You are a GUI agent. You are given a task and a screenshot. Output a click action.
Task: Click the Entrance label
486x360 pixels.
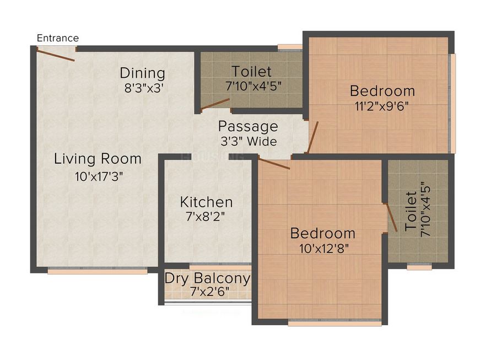[57, 38]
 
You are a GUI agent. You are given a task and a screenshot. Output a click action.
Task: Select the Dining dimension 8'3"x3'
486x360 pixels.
[143, 87]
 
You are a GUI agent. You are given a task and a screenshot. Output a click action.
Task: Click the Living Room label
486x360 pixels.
[98, 159]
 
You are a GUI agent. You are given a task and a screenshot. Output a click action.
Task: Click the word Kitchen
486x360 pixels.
[206, 202]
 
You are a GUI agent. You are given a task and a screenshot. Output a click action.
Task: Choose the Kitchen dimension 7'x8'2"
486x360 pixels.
[206, 217]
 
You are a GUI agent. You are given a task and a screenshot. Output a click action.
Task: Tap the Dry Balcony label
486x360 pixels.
[207, 278]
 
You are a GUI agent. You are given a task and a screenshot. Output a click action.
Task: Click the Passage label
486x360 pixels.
[248, 126]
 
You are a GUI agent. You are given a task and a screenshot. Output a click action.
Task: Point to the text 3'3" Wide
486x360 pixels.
[248, 141]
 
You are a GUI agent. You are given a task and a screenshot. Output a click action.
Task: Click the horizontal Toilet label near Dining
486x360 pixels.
[251, 71]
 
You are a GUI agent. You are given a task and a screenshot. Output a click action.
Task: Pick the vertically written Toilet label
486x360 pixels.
[411, 211]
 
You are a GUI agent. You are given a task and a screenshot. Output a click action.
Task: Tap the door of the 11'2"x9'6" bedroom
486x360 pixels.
[312, 137]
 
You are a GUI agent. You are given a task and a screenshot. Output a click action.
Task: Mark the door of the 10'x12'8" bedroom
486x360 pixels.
[274, 164]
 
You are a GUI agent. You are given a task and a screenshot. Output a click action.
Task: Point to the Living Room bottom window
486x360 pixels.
[97, 271]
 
